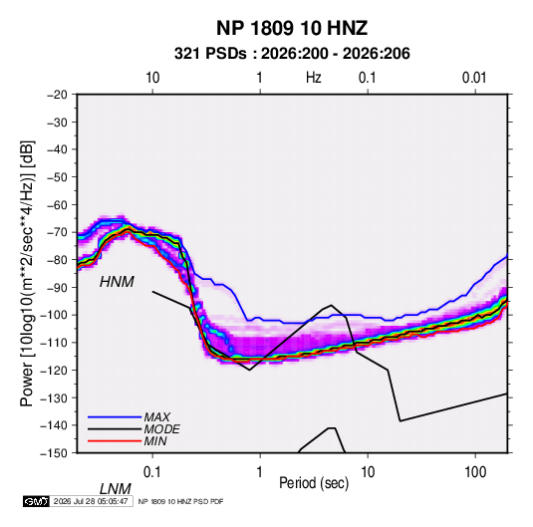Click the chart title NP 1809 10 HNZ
click(x=292, y=28)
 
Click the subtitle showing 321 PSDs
click(x=292, y=54)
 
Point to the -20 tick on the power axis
click(x=57, y=95)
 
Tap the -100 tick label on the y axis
click(x=54, y=315)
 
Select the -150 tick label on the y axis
click(x=54, y=453)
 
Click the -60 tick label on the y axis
click(x=57, y=204)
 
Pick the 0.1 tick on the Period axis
click(x=152, y=472)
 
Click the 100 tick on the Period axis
click(x=475, y=472)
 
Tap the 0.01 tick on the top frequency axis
click(x=474, y=78)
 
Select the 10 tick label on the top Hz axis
click(x=152, y=78)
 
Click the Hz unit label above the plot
click(x=314, y=78)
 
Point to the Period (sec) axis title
click(x=314, y=483)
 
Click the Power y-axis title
click(x=27, y=273)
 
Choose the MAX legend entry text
click(x=157, y=416)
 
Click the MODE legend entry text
click(x=161, y=429)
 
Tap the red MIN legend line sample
click(x=115, y=441)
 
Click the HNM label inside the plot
click(x=117, y=282)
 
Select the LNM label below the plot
click(x=116, y=489)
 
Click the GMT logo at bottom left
click(x=36, y=501)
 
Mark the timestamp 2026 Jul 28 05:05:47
click(x=91, y=501)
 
